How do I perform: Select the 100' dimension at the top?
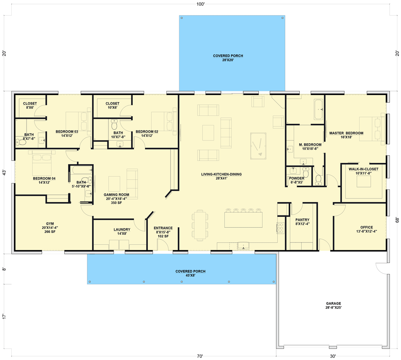(200, 4)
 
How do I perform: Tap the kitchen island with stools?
(243, 220)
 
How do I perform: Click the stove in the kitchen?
(280, 228)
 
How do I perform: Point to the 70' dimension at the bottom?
(200, 356)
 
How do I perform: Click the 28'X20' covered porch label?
(228, 58)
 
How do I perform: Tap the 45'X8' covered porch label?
(190, 273)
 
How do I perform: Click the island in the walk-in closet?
(364, 181)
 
